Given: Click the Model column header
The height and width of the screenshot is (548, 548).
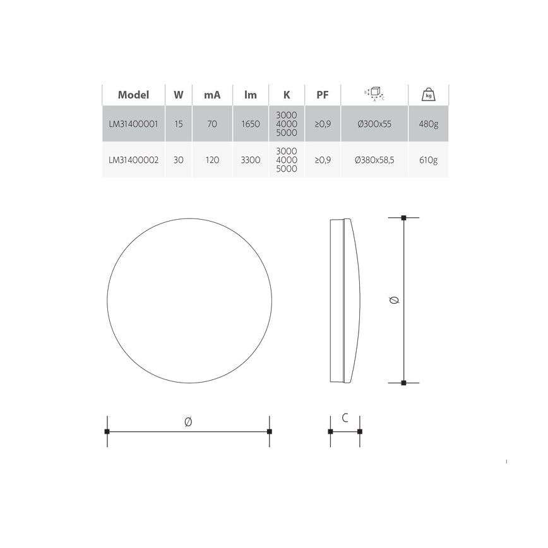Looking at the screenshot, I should (133, 95).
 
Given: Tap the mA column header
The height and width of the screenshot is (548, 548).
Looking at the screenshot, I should (212, 95).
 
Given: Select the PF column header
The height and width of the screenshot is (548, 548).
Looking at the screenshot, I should (322, 95).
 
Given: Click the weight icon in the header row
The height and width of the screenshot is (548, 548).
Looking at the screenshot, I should (429, 95).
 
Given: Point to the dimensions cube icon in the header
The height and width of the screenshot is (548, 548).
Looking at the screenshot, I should (374, 95).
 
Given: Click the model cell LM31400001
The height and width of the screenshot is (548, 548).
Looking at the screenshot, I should (133, 124).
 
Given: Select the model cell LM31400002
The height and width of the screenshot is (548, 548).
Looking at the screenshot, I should (133, 160).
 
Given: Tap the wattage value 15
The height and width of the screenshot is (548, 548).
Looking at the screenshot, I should (179, 124).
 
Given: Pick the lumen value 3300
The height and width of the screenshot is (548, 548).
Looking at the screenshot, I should (251, 160).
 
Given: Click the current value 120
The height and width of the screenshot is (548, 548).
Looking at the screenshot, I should (212, 160).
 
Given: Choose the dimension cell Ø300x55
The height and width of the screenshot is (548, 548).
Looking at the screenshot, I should (374, 124).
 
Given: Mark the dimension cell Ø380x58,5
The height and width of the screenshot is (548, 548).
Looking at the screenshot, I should (374, 160).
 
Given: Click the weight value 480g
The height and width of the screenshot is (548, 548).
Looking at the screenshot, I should (429, 124).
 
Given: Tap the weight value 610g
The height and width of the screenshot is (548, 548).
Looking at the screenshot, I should (429, 160).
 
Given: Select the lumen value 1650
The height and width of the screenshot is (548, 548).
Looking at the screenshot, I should (251, 124).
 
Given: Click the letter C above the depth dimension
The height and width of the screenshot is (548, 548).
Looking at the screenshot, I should (345, 418).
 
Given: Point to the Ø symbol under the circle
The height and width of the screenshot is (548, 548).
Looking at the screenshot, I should (188, 422).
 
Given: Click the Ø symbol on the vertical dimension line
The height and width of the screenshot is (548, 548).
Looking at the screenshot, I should (395, 301).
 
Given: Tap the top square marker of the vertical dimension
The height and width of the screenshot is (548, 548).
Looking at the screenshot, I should (404, 218).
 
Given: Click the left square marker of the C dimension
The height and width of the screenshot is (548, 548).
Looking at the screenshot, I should (330, 432).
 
